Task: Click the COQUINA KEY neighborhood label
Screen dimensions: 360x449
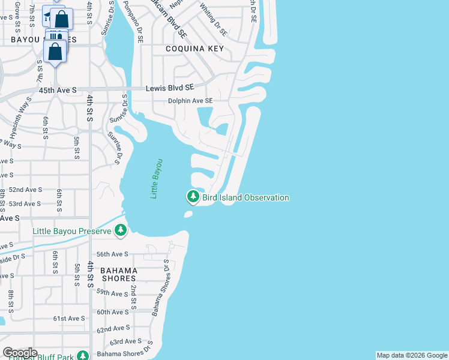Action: tap(194, 49)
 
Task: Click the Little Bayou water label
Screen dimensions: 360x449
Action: tap(157, 179)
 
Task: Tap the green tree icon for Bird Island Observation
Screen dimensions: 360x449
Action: tap(193, 197)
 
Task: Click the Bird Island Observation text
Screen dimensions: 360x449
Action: tap(246, 197)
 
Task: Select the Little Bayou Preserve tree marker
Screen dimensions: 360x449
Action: tap(121, 230)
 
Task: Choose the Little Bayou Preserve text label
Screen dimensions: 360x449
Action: tap(72, 231)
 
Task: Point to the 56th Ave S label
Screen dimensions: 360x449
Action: tap(113, 254)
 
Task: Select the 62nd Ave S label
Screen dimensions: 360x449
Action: tap(113, 328)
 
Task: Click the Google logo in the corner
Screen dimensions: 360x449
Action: tap(20, 353)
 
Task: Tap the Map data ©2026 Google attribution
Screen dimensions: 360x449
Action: tap(411, 355)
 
